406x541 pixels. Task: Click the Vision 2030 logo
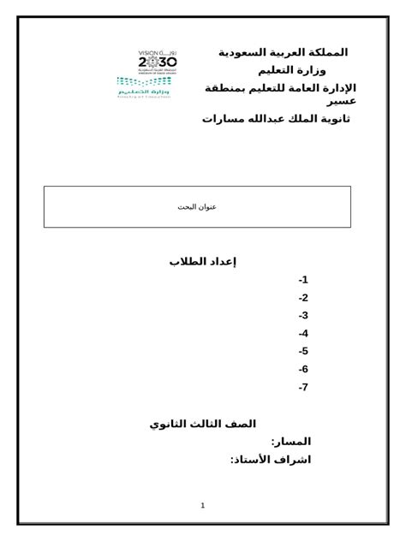tap(157, 62)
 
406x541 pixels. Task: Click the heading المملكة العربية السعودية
tap(284, 52)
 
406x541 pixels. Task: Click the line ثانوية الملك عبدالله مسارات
tap(276, 118)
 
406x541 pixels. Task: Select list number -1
tap(303, 280)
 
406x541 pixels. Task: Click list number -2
tap(303, 298)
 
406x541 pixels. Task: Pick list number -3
tap(303, 316)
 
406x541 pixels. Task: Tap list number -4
tap(303, 334)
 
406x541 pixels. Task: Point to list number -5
tap(303, 351)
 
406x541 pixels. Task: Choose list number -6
tap(303, 369)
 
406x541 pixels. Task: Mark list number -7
tap(303, 387)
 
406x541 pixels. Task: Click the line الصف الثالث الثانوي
tap(202, 424)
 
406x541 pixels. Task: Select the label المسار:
tap(290, 442)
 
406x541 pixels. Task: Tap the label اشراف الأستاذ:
tap(270, 460)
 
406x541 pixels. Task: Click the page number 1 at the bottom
tap(203, 505)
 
